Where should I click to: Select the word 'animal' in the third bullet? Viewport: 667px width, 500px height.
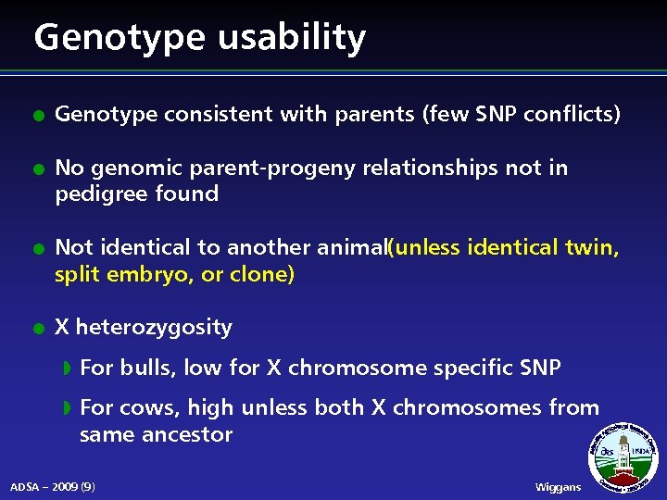click(x=352, y=248)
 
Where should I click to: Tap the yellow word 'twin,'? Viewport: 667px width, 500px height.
click(x=594, y=248)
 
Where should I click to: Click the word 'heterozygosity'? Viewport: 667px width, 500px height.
click(x=154, y=328)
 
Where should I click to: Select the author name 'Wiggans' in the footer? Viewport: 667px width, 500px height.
click(x=559, y=487)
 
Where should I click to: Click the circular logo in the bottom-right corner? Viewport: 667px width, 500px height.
click(x=624, y=456)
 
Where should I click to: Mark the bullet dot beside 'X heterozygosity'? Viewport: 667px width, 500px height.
click(x=35, y=329)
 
